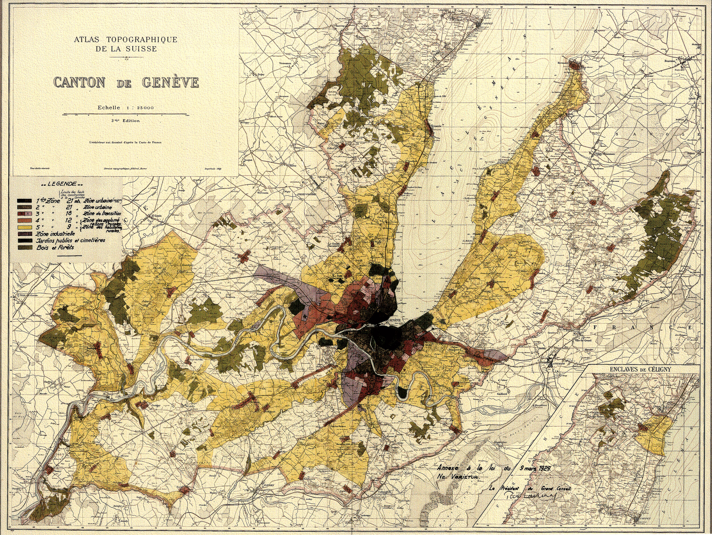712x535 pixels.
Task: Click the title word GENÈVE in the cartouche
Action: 171,83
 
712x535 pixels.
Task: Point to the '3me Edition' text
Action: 125,121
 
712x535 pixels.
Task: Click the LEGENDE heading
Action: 62,184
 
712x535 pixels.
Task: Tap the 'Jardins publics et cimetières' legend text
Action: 71,240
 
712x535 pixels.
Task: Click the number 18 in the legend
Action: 69,213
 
